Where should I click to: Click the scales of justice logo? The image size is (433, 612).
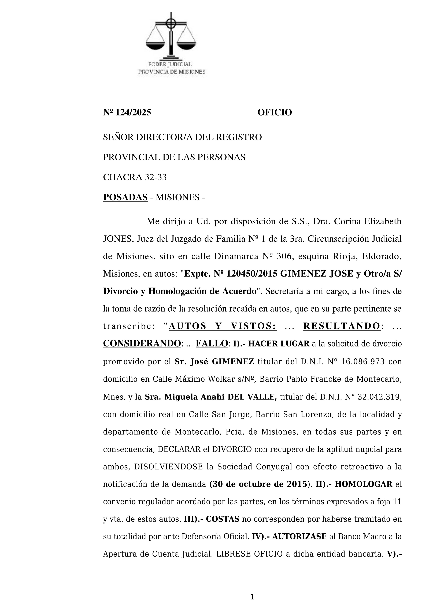[171, 36]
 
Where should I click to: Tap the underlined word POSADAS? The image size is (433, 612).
[125, 197]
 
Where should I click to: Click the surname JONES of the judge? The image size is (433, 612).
[118, 239]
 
